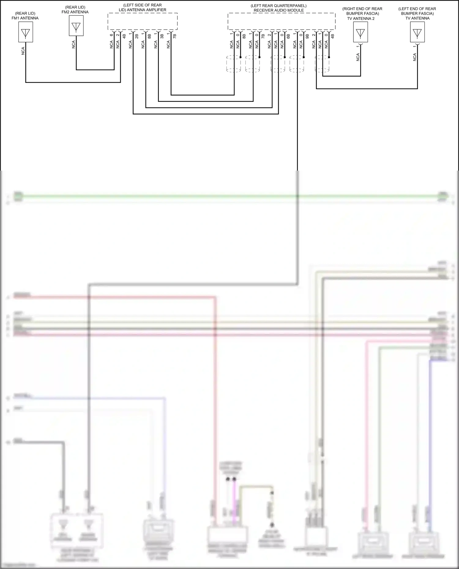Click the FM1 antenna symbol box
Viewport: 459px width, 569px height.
(25, 32)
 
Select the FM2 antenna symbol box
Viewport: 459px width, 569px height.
(76, 26)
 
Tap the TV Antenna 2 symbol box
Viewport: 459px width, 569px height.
(360, 32)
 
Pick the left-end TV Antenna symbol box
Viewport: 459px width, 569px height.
(417, 32)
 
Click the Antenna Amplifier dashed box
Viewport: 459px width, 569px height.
(143, 21)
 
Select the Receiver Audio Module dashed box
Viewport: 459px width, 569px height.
(282, 21)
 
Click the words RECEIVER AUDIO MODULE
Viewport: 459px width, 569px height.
(278, 10)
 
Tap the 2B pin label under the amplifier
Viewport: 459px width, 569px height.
(137, 36)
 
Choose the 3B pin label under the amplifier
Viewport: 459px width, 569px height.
(162, 36)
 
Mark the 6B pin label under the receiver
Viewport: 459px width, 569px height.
(288, 36)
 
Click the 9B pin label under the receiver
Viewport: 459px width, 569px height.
(307, 36)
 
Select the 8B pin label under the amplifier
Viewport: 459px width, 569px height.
(149, 36)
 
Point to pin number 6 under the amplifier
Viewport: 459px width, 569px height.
(111, 35)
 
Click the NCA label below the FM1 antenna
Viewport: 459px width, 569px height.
(23, 51)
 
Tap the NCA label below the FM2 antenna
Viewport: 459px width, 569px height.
(73, 45)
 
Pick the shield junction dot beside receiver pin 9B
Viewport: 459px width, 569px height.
(304, 57)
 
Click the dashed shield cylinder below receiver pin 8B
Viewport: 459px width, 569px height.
(234, 64)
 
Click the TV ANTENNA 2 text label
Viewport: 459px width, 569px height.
(361, 18)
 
